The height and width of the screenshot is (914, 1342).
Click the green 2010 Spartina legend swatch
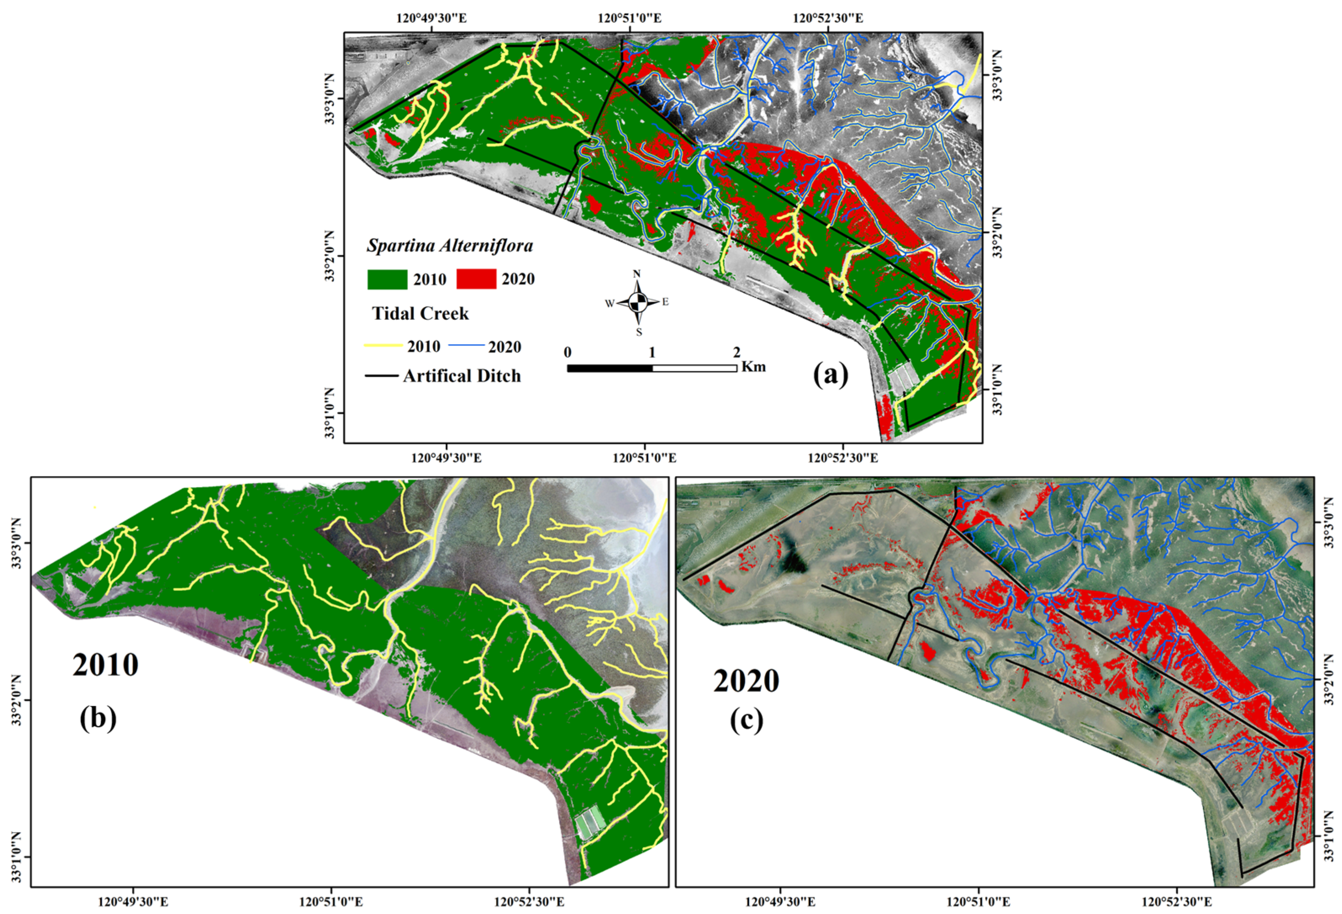pyautogui.click(x=387, y=279)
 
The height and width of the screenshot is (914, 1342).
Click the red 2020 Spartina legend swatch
pyautogui.click(x=476, y=279)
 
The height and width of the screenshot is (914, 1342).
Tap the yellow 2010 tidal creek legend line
pyautogui.click(x=383, y=345)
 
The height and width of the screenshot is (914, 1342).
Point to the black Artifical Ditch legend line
pyautogui.click(x=381, y=376)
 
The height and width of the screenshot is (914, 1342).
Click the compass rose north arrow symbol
pyautogui.click(x=638, y=301)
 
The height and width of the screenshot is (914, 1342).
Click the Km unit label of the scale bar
pyautogui.click(x=754, y=366)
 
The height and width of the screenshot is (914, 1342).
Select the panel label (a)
pyautogui.click(x=831, y=375)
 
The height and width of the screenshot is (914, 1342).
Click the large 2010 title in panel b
pyautogui.click(x=105, y=665)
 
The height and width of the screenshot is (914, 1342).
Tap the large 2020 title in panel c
pyautogui.click(x=746, y=681)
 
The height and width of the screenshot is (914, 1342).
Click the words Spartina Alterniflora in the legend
pyautogui.click(x=450, y=246)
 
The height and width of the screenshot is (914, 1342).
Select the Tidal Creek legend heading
pyautogui.click(x=420, y=313)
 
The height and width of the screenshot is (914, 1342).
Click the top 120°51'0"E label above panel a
pyautogui.click(x=630, y=18)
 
